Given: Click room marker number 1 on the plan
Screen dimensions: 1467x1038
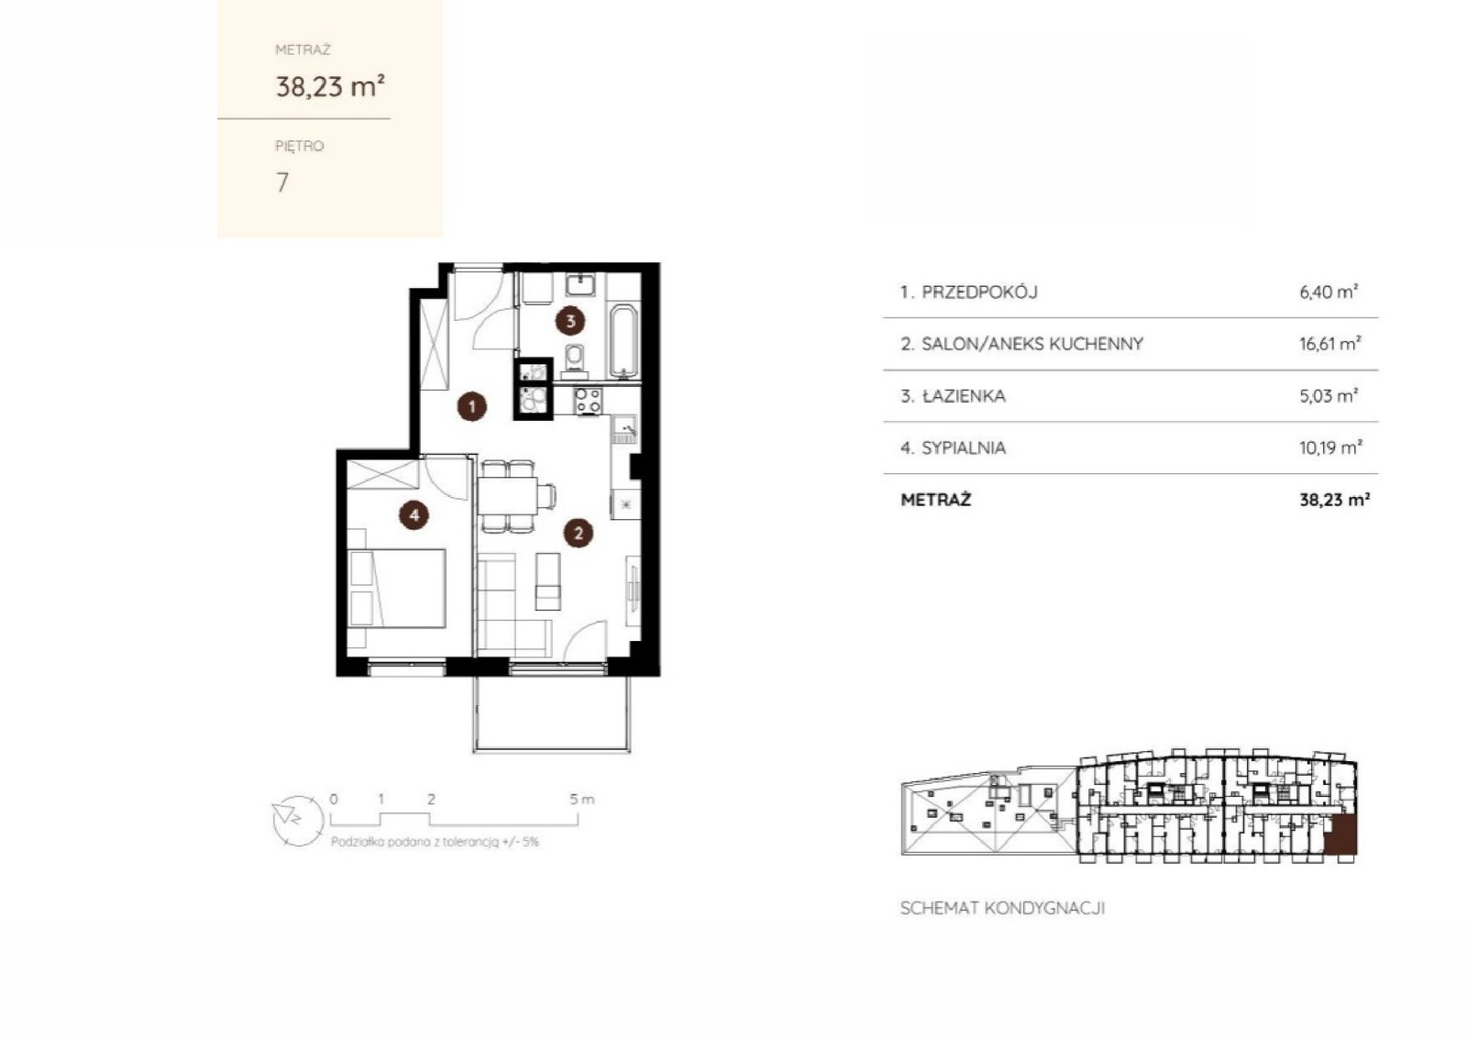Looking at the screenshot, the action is click(471, 407).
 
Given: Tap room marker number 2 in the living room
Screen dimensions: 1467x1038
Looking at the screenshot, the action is click(579, 533).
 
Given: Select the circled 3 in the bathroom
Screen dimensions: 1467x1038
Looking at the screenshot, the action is click(569, 321).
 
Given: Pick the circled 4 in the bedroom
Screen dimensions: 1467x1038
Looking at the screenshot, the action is click(414, 515).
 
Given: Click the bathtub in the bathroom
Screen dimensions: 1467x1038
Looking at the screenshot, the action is click(623, 341).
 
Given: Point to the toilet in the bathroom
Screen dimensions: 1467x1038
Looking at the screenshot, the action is click(574, 361).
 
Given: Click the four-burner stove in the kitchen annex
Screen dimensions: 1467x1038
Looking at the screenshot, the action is click(588, 401).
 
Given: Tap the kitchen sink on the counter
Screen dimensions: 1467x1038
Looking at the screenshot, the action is click(624, 430).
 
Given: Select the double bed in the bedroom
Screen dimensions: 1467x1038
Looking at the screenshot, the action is click(397, 588).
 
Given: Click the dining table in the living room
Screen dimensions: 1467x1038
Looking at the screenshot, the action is click(508, 496).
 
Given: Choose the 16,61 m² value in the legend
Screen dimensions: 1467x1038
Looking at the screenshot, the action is click(1330, 343).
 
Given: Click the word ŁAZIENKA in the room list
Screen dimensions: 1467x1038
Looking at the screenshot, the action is click(964, 396).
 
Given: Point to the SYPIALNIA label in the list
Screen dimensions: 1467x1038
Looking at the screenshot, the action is click(964, 448).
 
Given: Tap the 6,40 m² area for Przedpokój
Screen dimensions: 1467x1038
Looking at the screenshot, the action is click(1329, 292).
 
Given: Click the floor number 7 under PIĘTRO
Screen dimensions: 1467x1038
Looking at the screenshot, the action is click(282, 182).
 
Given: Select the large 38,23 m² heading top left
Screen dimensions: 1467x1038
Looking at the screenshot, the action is click(330, 86).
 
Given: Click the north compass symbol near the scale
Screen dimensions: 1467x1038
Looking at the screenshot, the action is click(298, 821).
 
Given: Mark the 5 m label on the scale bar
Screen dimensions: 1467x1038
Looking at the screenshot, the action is click(581, 799).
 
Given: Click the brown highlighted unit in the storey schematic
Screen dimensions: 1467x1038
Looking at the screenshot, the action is click(1340, 835).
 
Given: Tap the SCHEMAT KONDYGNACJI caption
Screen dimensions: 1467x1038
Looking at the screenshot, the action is click(1003, 909).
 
